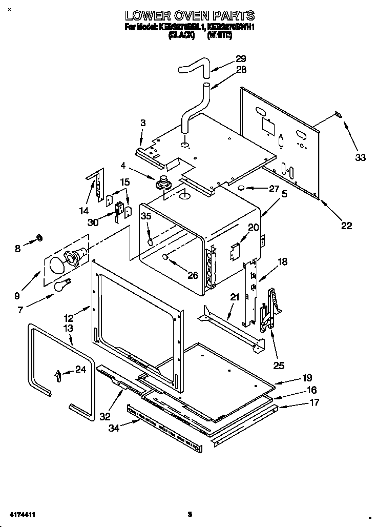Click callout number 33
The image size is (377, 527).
(x=360, y=157)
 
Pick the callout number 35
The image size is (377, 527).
(x=146, y=217)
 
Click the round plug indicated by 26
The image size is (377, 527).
(x=165, y=257)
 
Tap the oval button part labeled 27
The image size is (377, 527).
(x=240, y=188)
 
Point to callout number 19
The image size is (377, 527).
(x=307, y=378)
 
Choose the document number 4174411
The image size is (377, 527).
(x=21, y=514)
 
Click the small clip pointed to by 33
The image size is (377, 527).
(x=337, y=115)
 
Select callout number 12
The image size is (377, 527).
(x=68, y=318)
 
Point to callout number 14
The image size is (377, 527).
(x=83, y=210)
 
